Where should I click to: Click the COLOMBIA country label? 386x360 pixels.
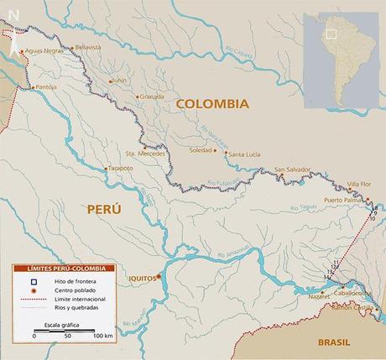point(212,104)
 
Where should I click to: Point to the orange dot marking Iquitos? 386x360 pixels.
point(158,274)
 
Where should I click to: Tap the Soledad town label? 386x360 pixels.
point(201,150)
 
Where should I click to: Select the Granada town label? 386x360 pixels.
point(153,96)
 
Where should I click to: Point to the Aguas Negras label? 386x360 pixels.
point(44,51)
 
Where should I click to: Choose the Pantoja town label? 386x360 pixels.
point(46,86)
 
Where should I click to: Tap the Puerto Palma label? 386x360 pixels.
point(343,201)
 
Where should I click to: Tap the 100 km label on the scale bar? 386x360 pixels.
point(103,336)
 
